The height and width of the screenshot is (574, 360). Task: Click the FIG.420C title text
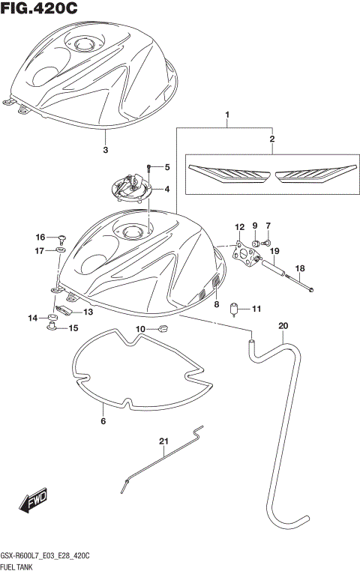[40, 9]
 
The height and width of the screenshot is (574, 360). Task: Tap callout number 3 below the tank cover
[105, 150]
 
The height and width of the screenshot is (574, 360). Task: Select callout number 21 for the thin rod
[163, 441]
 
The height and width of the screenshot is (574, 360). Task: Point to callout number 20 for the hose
[283, 325]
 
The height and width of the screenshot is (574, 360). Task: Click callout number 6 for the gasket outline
[103, 421]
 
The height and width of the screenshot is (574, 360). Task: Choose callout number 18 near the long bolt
[299, 268]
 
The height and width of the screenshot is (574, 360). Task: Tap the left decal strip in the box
[228, 174]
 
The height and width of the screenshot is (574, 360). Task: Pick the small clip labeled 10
[163, 328]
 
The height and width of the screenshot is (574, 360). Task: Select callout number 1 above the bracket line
[226, 115]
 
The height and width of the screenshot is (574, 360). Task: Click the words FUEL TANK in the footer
[19, 567]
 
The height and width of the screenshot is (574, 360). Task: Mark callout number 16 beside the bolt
[40, 237]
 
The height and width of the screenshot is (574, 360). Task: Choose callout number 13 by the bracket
[88, 312]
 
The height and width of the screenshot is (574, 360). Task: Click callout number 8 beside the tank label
[216, 304]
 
